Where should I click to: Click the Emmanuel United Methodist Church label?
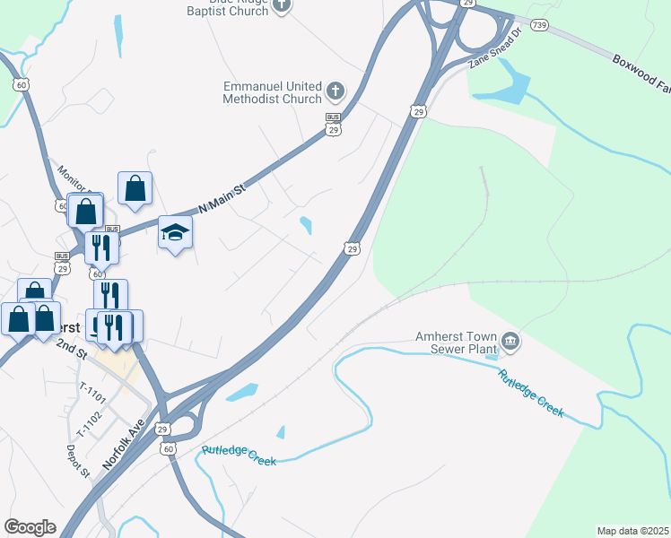coord(273,92)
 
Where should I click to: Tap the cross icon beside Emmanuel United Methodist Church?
coord(335,91)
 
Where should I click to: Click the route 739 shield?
coord(538,27)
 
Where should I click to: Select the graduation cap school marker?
coord(176,233)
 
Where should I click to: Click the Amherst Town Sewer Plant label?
coord(455,344)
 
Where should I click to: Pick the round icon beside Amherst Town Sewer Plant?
coord(510,342)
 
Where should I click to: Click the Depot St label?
coord(79,460)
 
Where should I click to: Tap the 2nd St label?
coord(71,348)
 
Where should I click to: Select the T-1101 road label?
coord(92,394)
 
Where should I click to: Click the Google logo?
coord(30,527)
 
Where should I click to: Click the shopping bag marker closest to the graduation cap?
coord(135,188)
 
